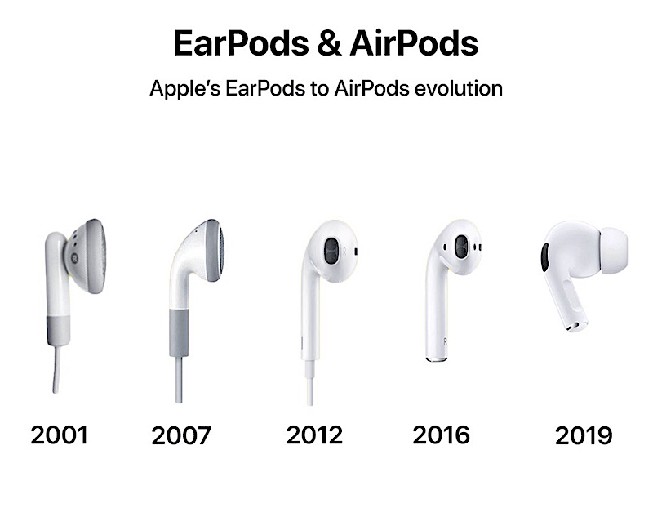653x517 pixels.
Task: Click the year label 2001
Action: tap(59, 435)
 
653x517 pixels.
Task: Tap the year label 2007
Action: tap(181, 435)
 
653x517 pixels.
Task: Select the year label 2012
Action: tap(314, 435)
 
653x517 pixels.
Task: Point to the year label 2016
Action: tap(441, 435)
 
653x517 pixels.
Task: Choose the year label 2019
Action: tap(584, 435)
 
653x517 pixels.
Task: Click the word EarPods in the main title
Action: tap(242, 43)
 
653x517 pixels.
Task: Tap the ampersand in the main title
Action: tap(330, 43)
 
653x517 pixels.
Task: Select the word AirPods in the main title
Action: tap(414, 43)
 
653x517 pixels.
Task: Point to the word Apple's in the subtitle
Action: tap(185, 89)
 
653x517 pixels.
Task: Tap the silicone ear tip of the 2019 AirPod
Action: tap(613, 252)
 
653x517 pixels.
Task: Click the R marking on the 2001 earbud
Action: tap(74, 258)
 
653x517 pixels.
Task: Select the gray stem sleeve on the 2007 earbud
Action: tap(179, 333)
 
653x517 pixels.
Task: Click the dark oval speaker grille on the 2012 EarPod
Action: tap(331, 252)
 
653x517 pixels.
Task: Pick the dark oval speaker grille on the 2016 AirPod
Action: tap(461, 246)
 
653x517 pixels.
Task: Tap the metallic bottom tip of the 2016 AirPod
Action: tap(436, 359)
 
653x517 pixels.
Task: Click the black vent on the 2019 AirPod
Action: tap(544, 258)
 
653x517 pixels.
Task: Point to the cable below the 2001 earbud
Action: tap(56, 369)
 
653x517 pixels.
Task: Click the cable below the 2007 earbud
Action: tap(179, 380)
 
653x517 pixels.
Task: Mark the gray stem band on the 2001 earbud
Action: tap(57, 330)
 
